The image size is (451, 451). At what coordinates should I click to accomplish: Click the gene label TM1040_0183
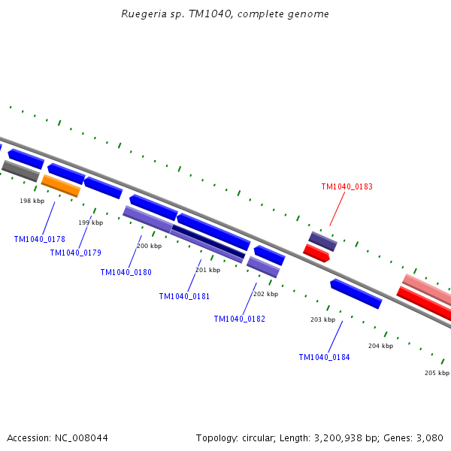pos(347,186)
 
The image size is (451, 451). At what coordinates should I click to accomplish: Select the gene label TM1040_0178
pos(39,239)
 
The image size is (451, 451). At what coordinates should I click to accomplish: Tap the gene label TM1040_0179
pos(75,253)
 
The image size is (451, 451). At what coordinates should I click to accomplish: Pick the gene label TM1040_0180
pos(126,272)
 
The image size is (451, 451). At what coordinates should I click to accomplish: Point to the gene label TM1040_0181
pos(184,296)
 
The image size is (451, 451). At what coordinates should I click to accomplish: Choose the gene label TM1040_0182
pos(239,319)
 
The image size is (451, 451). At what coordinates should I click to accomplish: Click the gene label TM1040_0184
pos(324,357)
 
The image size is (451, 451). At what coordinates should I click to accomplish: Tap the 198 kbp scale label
pos(32,201)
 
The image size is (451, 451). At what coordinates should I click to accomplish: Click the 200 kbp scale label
pos(149,246)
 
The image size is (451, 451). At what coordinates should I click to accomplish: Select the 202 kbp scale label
pos(265,294)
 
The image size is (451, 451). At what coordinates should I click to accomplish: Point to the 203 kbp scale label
pos(322,319)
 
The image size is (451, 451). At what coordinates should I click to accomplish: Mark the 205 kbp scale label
pos(437,373)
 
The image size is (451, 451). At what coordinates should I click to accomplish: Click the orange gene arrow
pos(60,186)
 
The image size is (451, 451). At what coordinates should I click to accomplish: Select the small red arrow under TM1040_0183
pos(316,253)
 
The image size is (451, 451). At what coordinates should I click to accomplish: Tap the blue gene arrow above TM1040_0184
pos(356,293)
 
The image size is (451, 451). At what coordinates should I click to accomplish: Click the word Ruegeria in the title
pos(143,14)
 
